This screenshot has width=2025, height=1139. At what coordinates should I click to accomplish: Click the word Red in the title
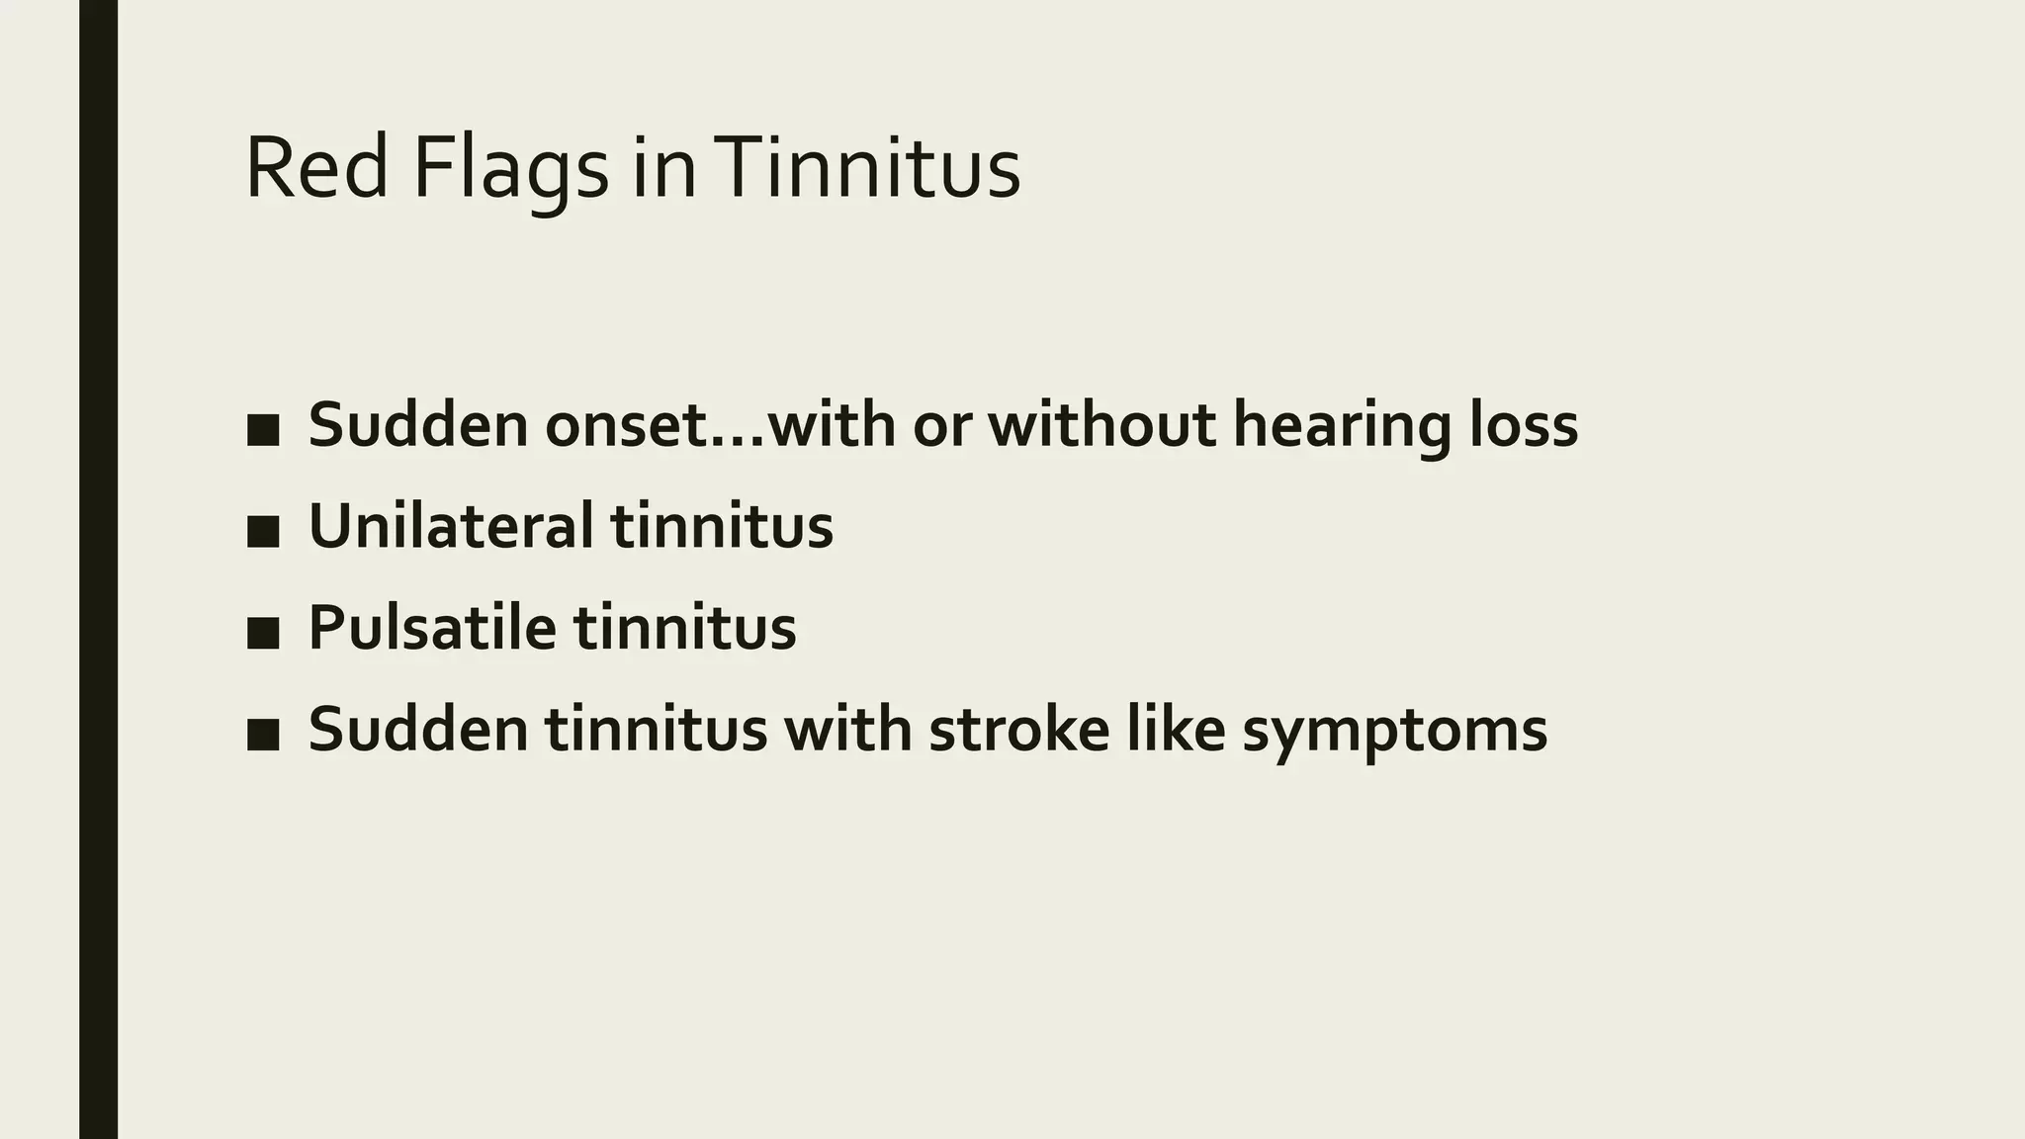click(316, 170)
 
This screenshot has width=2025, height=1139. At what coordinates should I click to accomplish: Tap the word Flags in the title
click(510, 170)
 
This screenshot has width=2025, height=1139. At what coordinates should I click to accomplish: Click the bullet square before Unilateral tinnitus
click(263, 532)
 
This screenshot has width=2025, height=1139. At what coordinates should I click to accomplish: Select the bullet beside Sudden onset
click(263, 430)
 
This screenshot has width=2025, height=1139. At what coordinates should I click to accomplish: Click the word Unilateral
click(451, 525)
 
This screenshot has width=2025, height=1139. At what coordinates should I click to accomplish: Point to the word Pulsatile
click(432, 627)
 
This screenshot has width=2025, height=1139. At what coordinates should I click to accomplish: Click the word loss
click(1524, 425)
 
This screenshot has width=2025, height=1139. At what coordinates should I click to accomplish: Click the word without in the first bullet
click(1101, 425)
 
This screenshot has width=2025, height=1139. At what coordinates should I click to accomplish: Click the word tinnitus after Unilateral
click(722, 525)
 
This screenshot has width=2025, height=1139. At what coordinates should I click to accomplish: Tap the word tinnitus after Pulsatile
click(684, 627)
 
